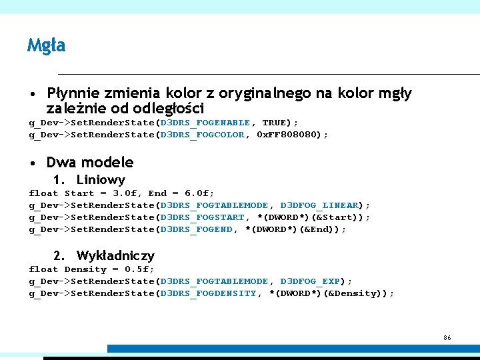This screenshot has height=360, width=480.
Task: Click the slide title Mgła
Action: point(46,45)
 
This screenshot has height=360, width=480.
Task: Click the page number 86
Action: point(447,338)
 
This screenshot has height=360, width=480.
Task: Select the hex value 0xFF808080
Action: point(287,135)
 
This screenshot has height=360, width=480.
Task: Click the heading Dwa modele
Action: point(89,162)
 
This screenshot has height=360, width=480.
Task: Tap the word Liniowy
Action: point(101,179)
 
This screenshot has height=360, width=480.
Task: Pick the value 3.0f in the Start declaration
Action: point(125,193)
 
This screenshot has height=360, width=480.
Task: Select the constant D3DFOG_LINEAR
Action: point(319,205)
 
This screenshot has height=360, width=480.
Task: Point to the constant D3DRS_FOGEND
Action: point(196,229)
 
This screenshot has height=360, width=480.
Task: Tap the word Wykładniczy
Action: point(115,255)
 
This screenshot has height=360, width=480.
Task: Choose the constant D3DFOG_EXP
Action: point(310,281)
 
